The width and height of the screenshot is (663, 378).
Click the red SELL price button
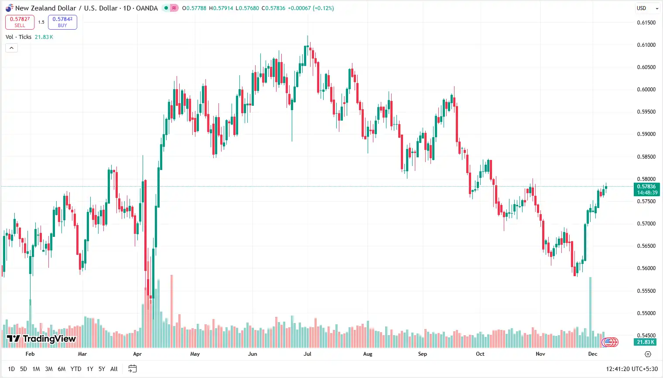point(20,22)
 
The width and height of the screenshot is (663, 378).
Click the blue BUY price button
point(62,22)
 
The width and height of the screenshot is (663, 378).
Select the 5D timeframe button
point(24,369)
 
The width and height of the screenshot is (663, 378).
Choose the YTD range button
point(76,369)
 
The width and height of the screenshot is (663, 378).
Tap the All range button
point(114,369)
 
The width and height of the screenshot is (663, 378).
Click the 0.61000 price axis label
point(646,45)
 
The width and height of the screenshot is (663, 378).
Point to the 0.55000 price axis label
point(646,313)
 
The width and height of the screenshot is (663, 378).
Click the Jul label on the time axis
point(308,354)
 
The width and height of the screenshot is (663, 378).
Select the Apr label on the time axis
point(137,354)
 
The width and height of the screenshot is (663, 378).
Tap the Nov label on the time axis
point(540,354)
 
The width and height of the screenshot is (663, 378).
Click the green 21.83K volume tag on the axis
point(646,342)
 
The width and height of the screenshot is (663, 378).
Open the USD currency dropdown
point(647,8)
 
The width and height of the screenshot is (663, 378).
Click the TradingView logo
point(41,339)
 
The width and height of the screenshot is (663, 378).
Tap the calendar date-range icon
point(133,369)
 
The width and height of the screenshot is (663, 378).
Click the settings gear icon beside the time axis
point(648,354)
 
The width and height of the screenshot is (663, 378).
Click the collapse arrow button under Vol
point(11,48)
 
